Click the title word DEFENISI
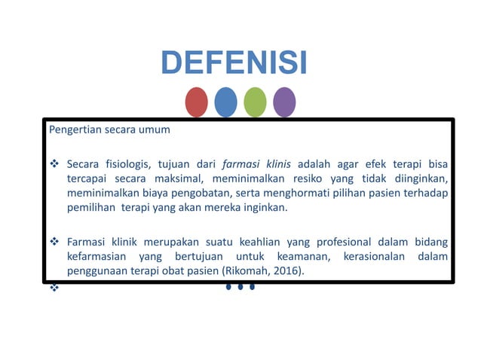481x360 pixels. tap(234, 63)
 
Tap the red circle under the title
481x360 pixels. tap(196, 102)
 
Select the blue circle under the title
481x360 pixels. tap(225, 102)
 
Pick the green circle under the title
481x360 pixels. tap(255, 102)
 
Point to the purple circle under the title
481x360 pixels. tap(284, 102)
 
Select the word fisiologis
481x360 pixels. tap(128, 164)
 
